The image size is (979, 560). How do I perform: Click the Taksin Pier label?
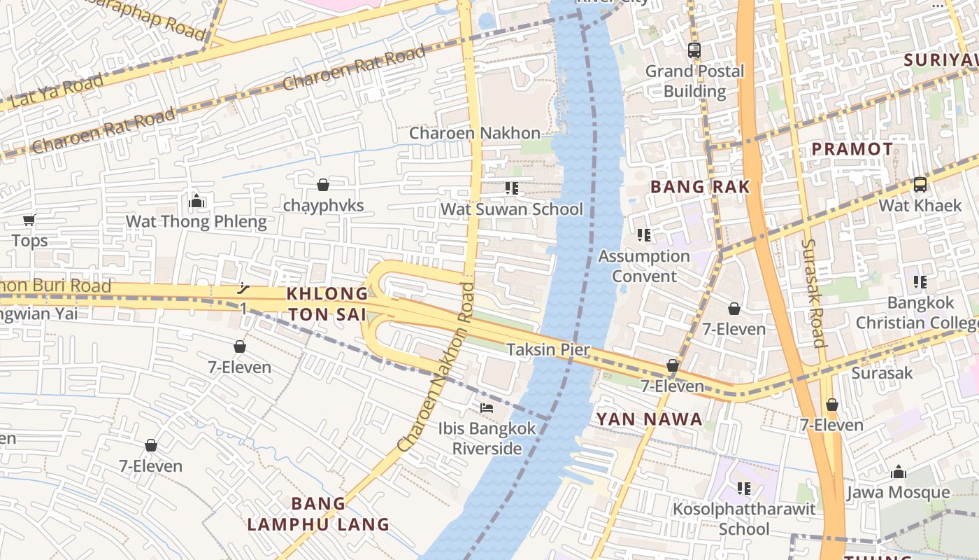coord(548,349)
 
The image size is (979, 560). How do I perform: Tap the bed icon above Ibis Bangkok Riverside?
coord(487,407)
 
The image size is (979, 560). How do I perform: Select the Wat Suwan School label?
coord(511,209)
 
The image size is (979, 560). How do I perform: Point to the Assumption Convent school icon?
coord(644,235)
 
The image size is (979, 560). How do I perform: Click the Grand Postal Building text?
coord(694,81)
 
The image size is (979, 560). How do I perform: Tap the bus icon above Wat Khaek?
coord(920,185)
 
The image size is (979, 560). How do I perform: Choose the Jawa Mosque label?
coord(898,492)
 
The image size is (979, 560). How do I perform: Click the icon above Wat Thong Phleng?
coord(196,202)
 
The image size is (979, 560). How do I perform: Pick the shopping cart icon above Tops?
coord(29,220)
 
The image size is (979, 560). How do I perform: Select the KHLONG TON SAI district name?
coord(327,304)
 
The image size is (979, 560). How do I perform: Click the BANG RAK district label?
coord(700,187)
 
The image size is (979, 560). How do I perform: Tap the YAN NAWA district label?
coord(649,419)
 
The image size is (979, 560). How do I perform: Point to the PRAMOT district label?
coord(852,149)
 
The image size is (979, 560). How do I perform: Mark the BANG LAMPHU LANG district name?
coord(318,514)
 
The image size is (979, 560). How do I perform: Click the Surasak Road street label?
coord(814,293)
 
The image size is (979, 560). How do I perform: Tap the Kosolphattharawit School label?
coord(744,519)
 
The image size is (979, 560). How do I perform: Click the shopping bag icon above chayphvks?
coord(323,185)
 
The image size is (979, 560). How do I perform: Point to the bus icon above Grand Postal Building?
coord(694,50)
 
